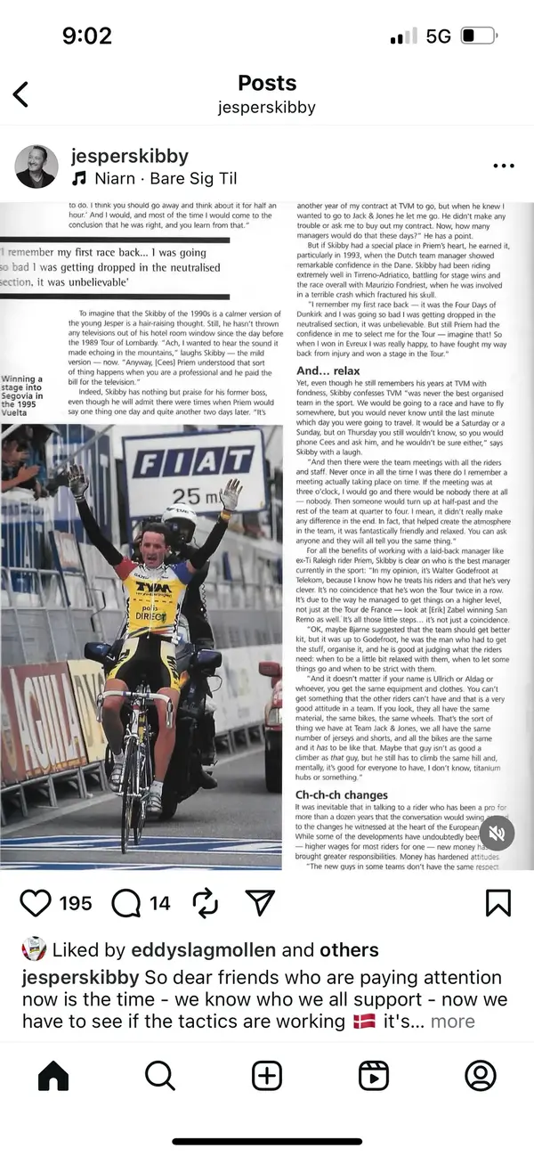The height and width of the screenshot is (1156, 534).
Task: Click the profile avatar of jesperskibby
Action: [x=36, y=167]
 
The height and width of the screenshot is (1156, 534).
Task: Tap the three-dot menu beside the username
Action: [x=503, y=166]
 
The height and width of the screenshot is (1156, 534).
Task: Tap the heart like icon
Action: [x=36, y=903]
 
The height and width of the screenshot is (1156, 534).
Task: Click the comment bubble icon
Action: [x=127, y=903]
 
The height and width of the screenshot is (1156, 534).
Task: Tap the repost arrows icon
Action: [x=205, y=903]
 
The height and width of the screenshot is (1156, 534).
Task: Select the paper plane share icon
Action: [x=259, y=903]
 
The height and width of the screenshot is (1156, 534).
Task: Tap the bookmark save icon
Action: [x=498, y=903]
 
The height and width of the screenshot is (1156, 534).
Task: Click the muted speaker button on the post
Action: [x=498, y=834]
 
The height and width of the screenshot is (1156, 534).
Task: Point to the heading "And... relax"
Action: [x=328, y=370]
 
